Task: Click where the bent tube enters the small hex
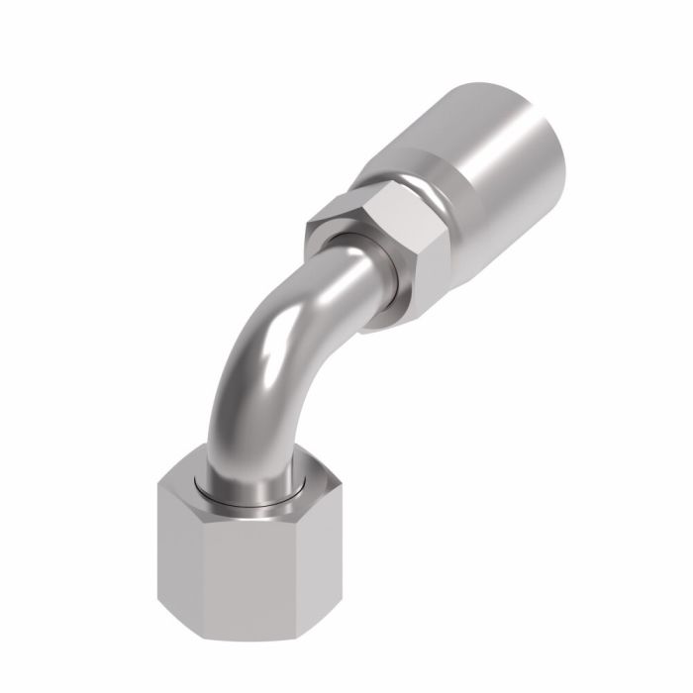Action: pos(356,272)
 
